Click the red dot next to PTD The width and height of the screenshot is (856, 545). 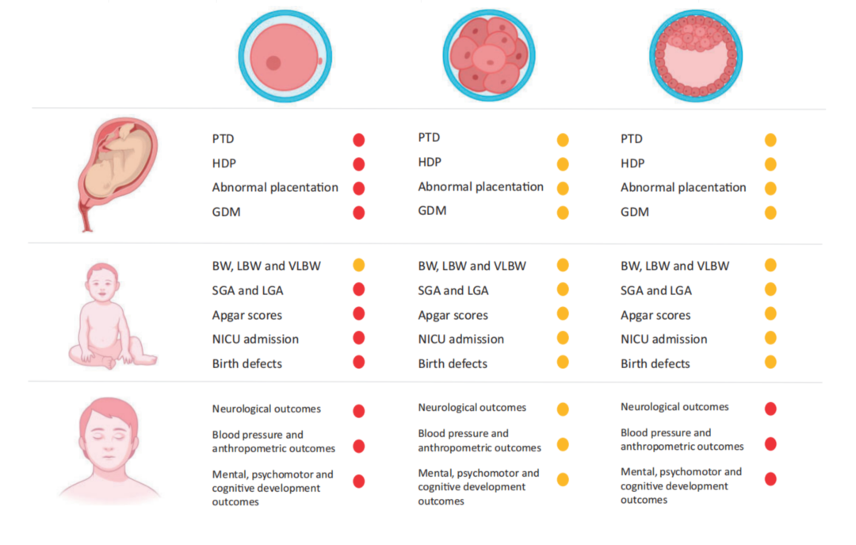[358, 140]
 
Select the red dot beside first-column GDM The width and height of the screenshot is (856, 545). [358, 213]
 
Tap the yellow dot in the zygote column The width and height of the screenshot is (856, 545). [358, 265]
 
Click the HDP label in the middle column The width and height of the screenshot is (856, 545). [430, 163]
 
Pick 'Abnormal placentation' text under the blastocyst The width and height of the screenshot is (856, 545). [683, 188]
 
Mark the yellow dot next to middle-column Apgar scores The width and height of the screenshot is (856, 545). [563, 314]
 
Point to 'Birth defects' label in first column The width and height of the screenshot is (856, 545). [247, 363]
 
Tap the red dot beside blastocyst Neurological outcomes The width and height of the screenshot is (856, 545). [770, 409]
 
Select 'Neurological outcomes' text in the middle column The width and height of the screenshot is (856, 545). [472, 408]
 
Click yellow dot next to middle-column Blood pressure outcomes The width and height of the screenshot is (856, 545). [563, 444]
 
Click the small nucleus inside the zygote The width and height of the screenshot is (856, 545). [273, 62]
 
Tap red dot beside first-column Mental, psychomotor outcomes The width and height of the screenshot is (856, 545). [358, 481]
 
